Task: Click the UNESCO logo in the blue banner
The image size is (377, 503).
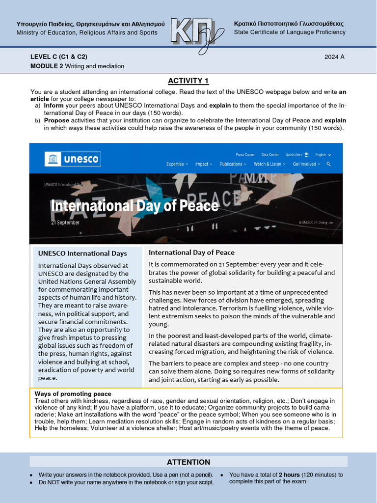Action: (x=72, y=159)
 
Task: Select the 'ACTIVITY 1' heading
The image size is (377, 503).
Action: (x=188, y=81)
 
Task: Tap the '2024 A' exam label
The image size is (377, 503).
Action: (x=334, y=56)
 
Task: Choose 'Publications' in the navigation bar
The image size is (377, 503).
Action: (x=232, y=164)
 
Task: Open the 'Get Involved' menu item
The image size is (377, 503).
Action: (x=306, y=164)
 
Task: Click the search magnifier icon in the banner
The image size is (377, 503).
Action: (x=328, y=164)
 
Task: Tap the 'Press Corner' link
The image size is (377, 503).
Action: (x=245, y=154)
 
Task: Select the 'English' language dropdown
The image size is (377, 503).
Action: (x=323, y=154)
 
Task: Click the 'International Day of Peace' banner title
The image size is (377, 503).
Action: (x=135, y=205)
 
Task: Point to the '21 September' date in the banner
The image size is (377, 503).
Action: (x=65, y=223)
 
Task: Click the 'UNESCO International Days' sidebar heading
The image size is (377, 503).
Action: (x=82, y=253)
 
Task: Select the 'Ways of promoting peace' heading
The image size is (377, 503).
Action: (x=73, y=394)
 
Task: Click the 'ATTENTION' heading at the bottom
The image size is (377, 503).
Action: (x=188, y=462)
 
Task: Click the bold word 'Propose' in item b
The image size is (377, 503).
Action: (x=56, y=120)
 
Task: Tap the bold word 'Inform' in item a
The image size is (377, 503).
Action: (x=54, y=106)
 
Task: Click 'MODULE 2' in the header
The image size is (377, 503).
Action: (x=47, y=66)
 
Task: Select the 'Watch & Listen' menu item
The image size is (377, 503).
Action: (x=269, y=164)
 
